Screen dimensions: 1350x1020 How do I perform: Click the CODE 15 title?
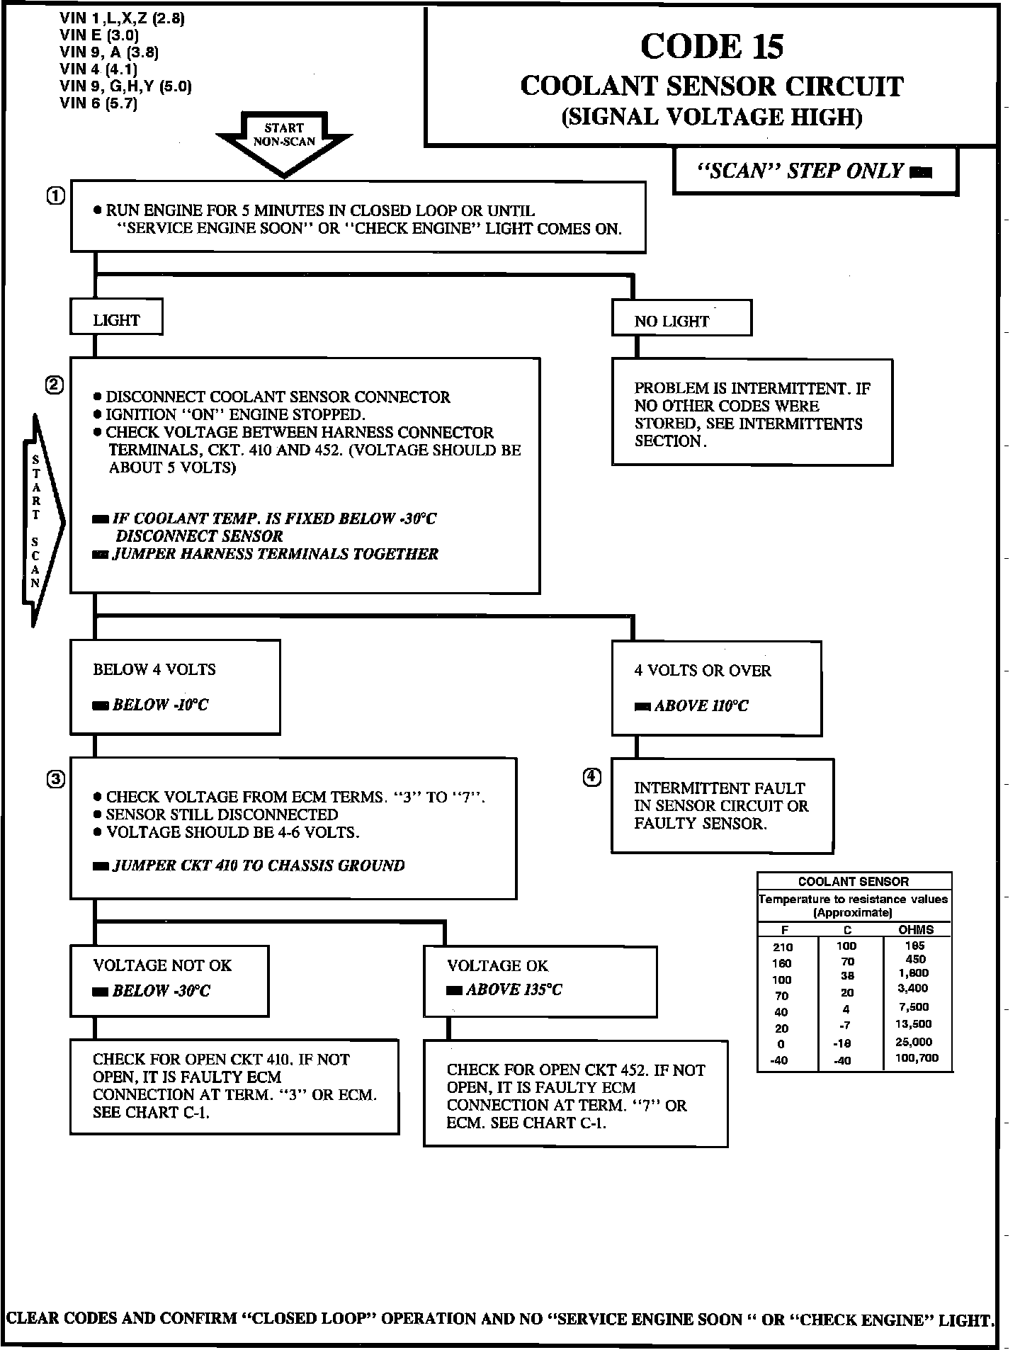click(x=712, y=47)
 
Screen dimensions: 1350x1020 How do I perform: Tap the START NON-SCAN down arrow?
click(x=284, y=142)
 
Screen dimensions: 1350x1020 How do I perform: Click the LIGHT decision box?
click(x=116, y=320)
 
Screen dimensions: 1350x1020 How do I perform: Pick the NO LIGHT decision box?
click(x=681, y=321)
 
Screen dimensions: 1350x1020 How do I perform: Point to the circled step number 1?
click(x=56, y=196)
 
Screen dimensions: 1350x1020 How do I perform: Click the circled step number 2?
click(x=55, y=385)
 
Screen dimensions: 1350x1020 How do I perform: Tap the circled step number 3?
click(x=56, y=778)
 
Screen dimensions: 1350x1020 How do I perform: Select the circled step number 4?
click(x=592, y=777)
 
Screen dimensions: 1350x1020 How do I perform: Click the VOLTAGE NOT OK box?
click(x=169, y=980)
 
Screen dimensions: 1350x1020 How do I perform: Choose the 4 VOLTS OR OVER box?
click(x=716, y=688)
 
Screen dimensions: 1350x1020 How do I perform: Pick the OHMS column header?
click(x=915, y=930)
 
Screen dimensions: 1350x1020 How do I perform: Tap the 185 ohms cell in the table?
click(x=915, y=946)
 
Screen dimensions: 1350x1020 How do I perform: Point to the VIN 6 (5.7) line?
click(x=98, y=103)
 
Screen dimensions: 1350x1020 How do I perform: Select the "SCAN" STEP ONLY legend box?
click(x=815, y=171)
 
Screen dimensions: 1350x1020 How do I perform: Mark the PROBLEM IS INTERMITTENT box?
click(x=752, y=412)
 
